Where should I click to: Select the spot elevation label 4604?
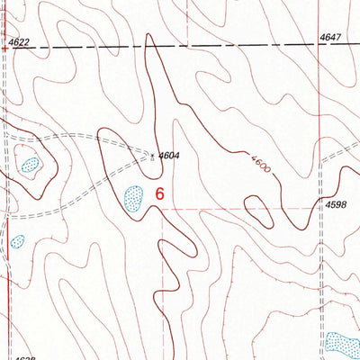click(168, 156)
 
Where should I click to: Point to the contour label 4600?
click(257, 164)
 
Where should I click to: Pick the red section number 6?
click(160, 193)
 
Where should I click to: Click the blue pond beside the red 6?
click(133, 197)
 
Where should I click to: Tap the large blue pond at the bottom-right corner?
click(342, 343)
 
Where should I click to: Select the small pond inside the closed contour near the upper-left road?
click(31, 166)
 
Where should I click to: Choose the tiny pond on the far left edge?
click(16, 242)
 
